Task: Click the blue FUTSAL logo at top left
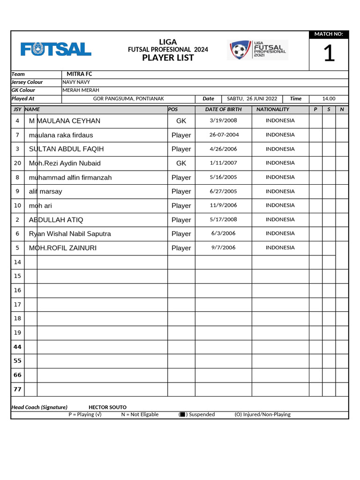coord(56,49)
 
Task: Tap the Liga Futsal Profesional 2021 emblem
coord(257,50)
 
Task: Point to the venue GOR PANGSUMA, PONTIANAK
coord(128,99)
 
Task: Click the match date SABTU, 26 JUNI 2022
coord(252,99)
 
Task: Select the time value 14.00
coord(329,99)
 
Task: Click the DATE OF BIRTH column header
coord(223,109)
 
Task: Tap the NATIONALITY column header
coord(273,109)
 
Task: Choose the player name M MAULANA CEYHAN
coord(65,121)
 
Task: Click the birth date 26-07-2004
coord(224,135)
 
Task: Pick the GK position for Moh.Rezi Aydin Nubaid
coord(181,163)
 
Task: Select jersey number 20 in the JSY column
coord(17,163)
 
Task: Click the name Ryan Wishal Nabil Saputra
coord(70,234)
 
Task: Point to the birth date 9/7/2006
coord(223,247)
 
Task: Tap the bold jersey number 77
coord(17,389)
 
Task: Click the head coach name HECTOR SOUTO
coord(107,407)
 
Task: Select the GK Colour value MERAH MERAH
coord(81,90)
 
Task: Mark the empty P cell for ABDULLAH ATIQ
coord(315,220)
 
